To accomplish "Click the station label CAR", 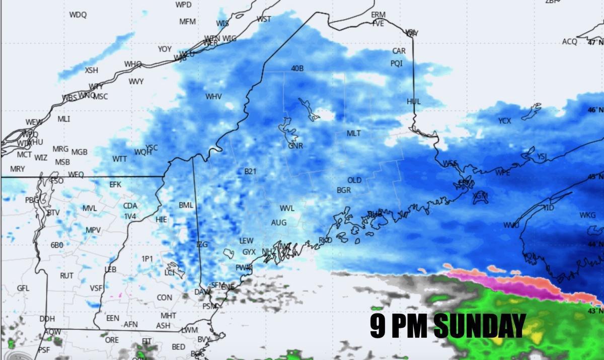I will coord(399,51).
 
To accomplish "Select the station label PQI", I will coord(397,63).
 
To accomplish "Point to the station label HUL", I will coord(413,101).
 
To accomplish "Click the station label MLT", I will coord(354,133).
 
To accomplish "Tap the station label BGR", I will coord(344,190).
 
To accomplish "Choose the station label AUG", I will coord(278,223).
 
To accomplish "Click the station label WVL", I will coord(287,208).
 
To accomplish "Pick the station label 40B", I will coord(297,68).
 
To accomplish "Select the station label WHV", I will coord(213,96).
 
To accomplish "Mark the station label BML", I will coord(186,205).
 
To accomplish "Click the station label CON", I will coord(164,298).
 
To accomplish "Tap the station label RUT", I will coord(66,276).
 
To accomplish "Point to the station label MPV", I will coord(93,230).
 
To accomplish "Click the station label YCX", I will coord(504,121).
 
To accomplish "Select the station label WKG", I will coord(587,215).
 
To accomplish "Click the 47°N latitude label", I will coord(594,43).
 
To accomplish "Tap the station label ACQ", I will coord(569,42).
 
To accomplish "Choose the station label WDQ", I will coord(78,15).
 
